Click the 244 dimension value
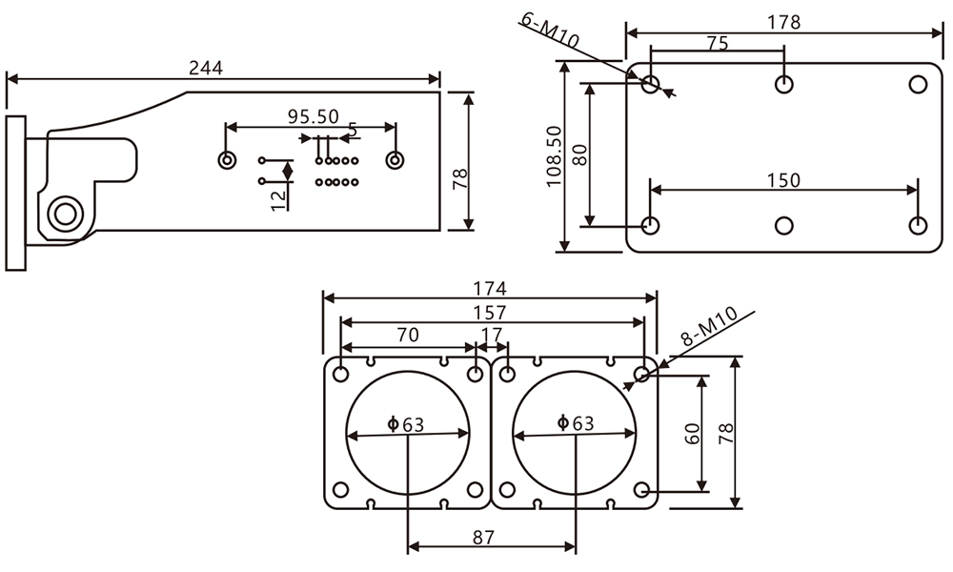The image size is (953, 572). tap(206, 68)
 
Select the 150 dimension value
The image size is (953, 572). tap(783, 180)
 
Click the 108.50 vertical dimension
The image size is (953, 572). tap(553, 157)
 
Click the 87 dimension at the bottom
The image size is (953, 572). tap(483, 538)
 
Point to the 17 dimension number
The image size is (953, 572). tap(492, 336)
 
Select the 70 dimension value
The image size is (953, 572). tap(407, 335)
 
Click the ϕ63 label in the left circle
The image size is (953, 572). tap(406, 424)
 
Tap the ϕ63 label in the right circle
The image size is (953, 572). tap(575, 423)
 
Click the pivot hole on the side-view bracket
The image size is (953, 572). tap(64, 213)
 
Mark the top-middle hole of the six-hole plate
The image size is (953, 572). tap(784, 84)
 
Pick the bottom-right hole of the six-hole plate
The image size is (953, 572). tap(918, 226)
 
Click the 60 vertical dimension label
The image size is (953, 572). tap(693, 433)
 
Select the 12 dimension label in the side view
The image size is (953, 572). tap(277, 198)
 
